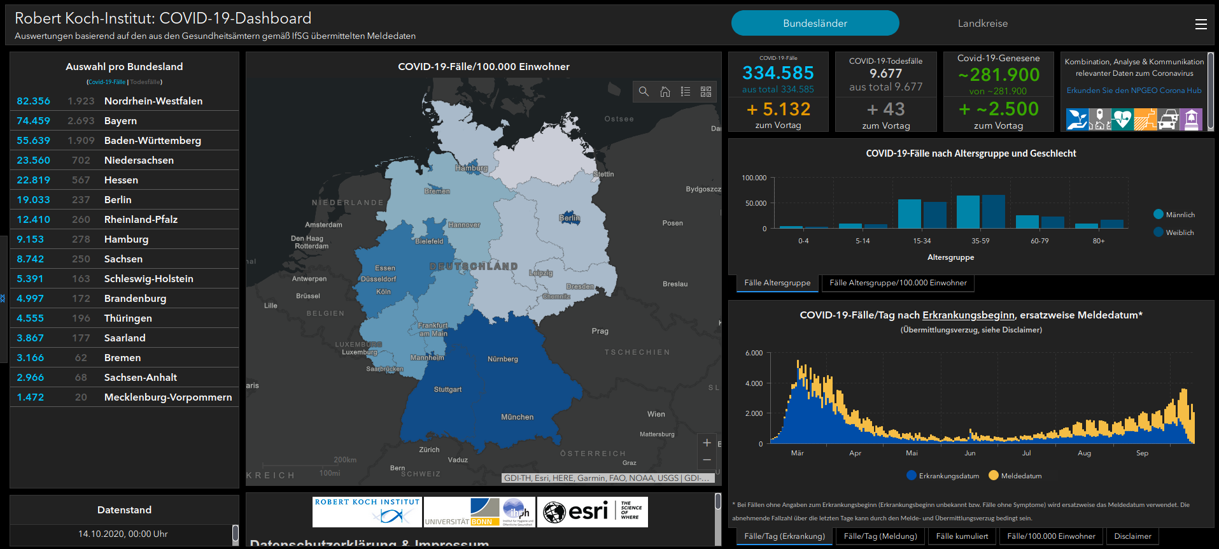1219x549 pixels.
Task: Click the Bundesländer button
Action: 815,24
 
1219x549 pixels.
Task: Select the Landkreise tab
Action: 982,24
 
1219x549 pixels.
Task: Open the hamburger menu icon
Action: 1201,24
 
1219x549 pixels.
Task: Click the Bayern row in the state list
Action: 120,121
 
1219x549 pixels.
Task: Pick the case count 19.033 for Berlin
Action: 33,200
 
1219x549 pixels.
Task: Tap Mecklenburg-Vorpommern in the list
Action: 167,397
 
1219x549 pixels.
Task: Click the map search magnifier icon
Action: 644,92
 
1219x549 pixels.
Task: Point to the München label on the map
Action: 517,417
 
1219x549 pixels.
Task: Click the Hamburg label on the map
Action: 471,168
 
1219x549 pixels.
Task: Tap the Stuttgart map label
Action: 447,389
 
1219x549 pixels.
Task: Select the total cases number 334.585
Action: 778,73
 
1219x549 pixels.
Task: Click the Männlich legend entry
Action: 1180,215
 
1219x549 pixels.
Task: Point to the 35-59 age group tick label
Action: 980,241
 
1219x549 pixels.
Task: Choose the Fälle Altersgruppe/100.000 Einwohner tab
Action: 898,283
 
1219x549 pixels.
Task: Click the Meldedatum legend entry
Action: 1020,476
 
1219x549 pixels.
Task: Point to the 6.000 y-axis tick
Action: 754,353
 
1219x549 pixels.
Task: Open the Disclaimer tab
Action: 1132,536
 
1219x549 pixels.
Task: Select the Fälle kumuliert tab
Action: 962,536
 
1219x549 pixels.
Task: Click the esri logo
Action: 576,511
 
